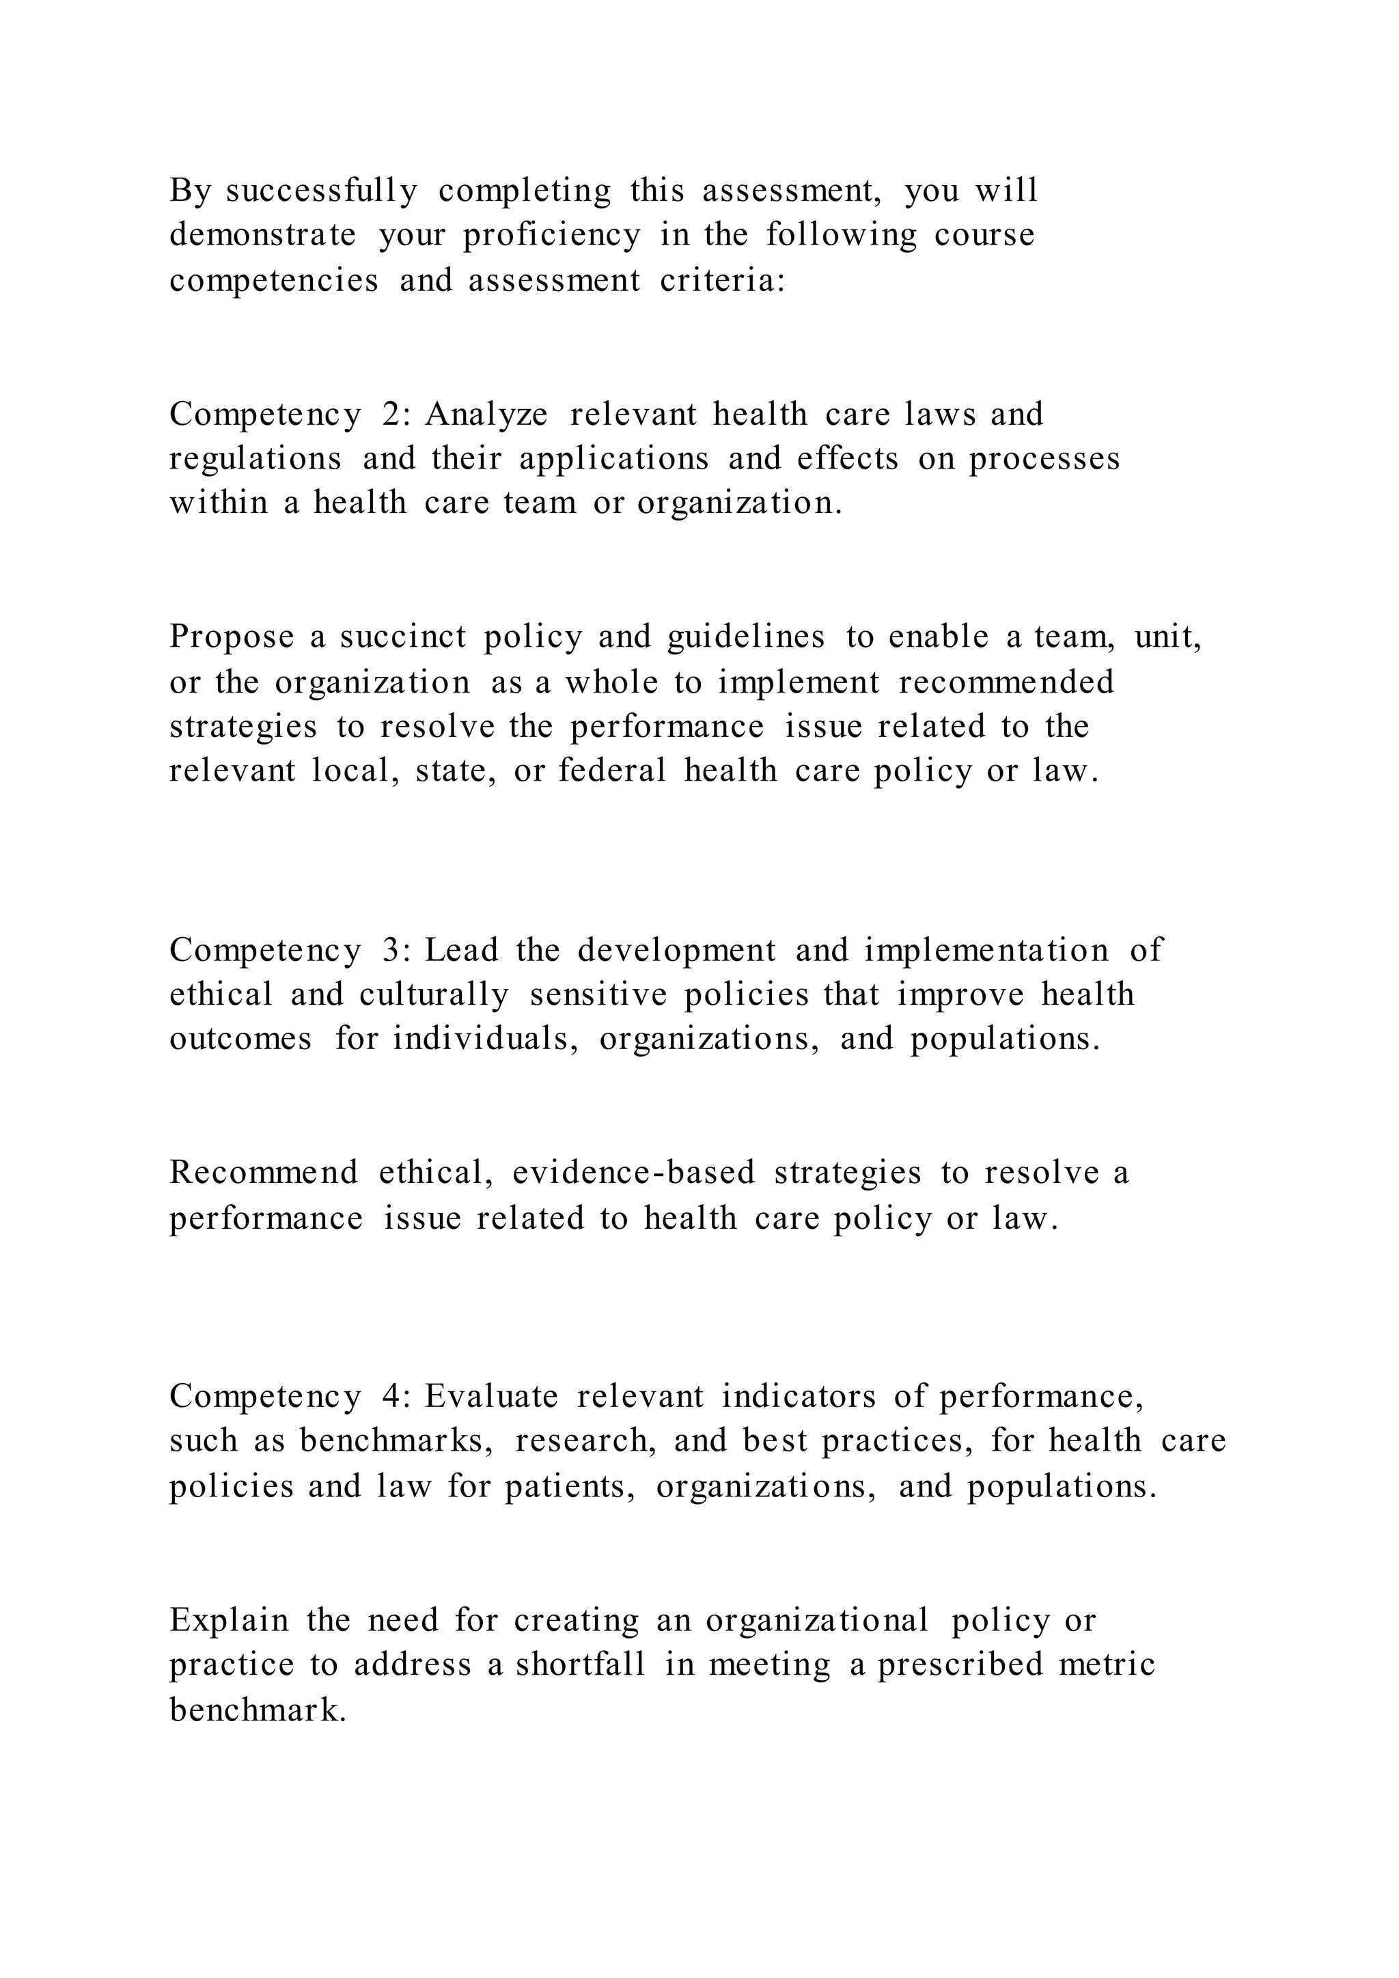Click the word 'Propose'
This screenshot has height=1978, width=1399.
pyautogui.click(x=232, y=637)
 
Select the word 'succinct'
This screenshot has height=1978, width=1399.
pyautogui.click(x=402, y=637)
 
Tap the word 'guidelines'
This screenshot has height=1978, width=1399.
pyautogui.click(x=745, y=637)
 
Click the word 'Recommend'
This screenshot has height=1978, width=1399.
pyautogui.click(x=264, y=1173)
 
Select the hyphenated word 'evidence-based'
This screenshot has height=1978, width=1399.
pyautogui.click(x=633, y=1173)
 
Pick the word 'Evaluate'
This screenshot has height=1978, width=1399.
pyautogui.click(x=491, y=1397)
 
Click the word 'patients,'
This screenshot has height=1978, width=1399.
pyautogui.click(x=570, y=1486)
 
